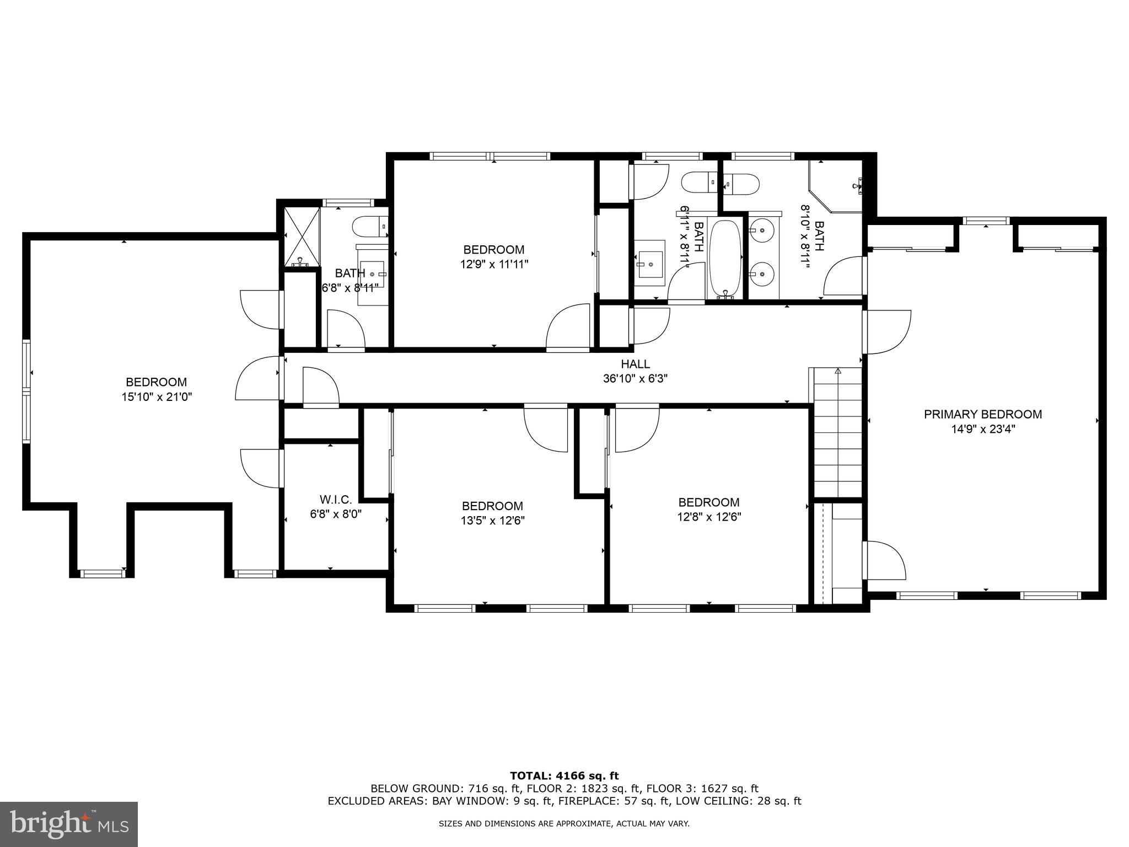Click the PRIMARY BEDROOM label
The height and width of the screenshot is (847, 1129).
982,414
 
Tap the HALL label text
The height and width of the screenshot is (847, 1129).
635,364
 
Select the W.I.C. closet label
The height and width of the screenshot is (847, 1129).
335,500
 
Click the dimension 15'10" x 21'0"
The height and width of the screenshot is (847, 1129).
157,396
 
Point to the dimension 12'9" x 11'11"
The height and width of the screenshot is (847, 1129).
494,264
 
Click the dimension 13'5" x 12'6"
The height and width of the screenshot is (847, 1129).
492,521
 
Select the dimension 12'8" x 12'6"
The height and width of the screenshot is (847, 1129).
708,517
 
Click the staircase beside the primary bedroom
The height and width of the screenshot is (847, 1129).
837,433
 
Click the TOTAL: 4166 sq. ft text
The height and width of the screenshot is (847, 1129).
564,776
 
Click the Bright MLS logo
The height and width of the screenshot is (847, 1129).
69,824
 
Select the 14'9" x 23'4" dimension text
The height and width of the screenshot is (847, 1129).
982,429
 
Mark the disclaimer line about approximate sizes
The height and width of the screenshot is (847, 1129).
564,824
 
